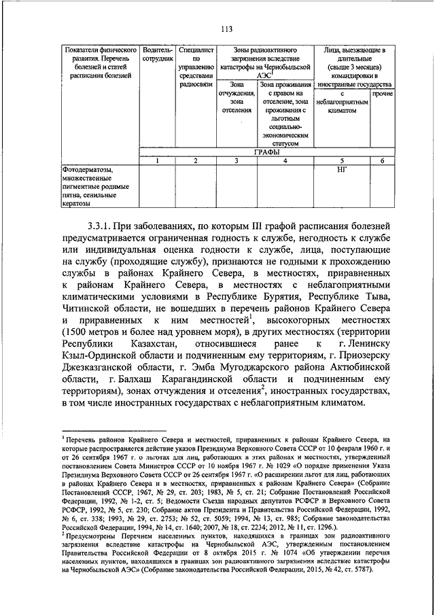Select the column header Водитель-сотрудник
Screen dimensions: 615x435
coord(157,56)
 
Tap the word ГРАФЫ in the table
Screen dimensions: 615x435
coord(266,153)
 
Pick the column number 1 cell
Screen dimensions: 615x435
coord(157,160)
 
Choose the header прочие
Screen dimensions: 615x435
coord(383,92)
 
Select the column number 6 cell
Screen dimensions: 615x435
coord(383,160)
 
